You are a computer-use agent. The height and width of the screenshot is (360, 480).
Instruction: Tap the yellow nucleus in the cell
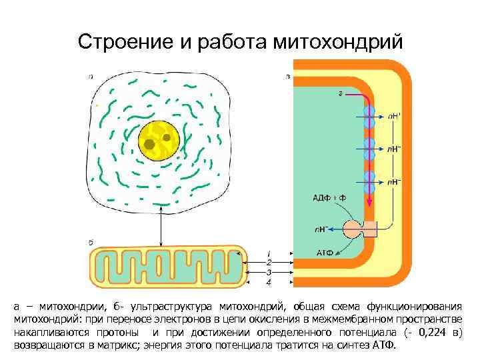click(x=159, y=141)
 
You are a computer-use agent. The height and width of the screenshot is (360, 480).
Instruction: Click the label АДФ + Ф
click(x=329, y=198)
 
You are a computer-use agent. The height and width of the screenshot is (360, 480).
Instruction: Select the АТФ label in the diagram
click(x=324, y=253)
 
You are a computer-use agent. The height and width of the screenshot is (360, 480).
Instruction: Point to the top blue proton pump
click(x=369, y=114)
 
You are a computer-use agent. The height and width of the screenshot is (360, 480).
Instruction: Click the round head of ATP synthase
click(x=353, y=229)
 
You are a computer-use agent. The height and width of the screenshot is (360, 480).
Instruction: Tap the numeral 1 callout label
click(x=269, y=253)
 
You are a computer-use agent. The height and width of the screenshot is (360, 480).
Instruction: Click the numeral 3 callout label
click(x=269, y=273)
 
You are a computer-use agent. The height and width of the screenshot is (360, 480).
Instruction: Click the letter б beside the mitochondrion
click(x=91, y=241)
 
